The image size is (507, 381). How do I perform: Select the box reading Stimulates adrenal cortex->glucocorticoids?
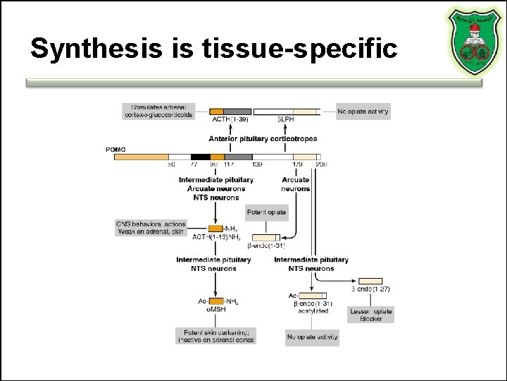pyautogui.click(x=159, y=111)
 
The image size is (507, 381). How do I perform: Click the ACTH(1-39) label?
pyautogui.click(x=225, y=120)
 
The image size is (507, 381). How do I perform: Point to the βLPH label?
pyautogui.click(x=286, y=120)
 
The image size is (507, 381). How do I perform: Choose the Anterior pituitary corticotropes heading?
pyautogui.click(x=263, y=139)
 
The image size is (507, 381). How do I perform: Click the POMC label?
pyautogui.click(x=115, y=149)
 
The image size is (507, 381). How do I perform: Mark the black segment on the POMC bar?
pyautogui.click(x=201, y=157)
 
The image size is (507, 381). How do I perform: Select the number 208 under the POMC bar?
pyautogui.click(x=321, y=165)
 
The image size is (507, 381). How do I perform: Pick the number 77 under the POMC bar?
pyautogui.click(x=195, y=165)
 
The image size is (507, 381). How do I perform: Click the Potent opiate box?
pyautogui.click(x=267, y=212)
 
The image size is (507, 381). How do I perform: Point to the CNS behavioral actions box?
pyautogui.click(x=150, y=228)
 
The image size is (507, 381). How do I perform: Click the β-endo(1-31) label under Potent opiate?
pyautogui.click(x=265, y=246)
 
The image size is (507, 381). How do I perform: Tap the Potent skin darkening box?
pyautogui.click(x=215, y=336)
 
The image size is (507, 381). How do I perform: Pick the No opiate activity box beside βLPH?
pyautogui.click(x=363, y=111)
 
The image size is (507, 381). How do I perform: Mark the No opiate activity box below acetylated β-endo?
pyautogui.click(x=312, y=337)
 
